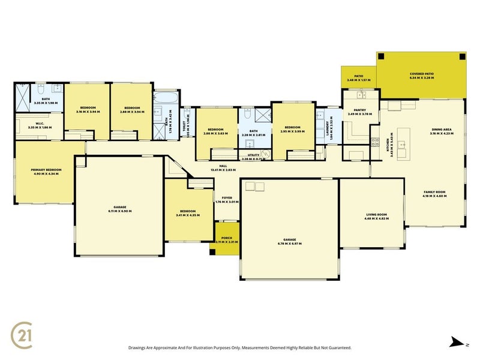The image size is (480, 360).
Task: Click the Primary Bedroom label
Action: coord(46,170)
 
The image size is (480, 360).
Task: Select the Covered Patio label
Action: coord(421,74)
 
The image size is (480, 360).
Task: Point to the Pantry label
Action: coord(360,110)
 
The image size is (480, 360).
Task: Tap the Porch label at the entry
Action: coord(227,238)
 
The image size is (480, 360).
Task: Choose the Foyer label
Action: coord(227,197)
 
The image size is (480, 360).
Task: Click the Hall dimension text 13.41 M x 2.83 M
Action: coord(222,170)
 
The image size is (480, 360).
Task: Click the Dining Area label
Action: coord(442,130)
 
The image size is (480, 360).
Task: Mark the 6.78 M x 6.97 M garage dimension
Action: coord(289,244)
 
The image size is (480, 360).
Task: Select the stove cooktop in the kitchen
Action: coord(373,142)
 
